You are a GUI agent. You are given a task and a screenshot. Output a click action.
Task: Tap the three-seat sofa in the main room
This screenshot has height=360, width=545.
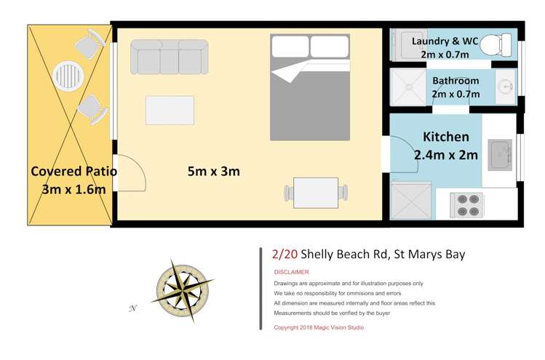[x=169, y=56]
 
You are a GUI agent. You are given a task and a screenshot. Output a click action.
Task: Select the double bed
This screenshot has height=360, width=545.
[x=310, y=87]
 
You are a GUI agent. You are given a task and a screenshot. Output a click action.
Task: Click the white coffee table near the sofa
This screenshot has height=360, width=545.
[x=170, y=111]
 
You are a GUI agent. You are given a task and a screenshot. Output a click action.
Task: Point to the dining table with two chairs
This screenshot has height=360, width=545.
[x=315, y=193]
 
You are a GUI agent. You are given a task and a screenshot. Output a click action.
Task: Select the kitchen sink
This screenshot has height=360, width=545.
[x=499, y=153]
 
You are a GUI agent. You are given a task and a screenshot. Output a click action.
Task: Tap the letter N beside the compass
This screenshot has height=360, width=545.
[x=133, y=308]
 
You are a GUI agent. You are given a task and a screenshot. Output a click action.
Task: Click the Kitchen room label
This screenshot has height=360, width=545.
[x=445, y=137]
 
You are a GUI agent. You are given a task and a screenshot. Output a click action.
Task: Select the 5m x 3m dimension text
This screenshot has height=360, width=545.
[x=213, y=172]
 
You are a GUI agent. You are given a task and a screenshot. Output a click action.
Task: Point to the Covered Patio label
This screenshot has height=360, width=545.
[x=73, y=172]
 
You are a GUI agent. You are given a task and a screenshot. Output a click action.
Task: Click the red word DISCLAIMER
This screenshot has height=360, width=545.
[x=291, y=272]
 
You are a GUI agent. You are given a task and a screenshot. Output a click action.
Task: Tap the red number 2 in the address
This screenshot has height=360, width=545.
[x=275, y=254]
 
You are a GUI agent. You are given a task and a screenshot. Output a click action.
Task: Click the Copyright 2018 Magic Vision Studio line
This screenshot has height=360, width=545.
[x=319, y=327]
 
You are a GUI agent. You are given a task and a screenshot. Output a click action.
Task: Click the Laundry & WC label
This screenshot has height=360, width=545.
[x=445, y=41]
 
